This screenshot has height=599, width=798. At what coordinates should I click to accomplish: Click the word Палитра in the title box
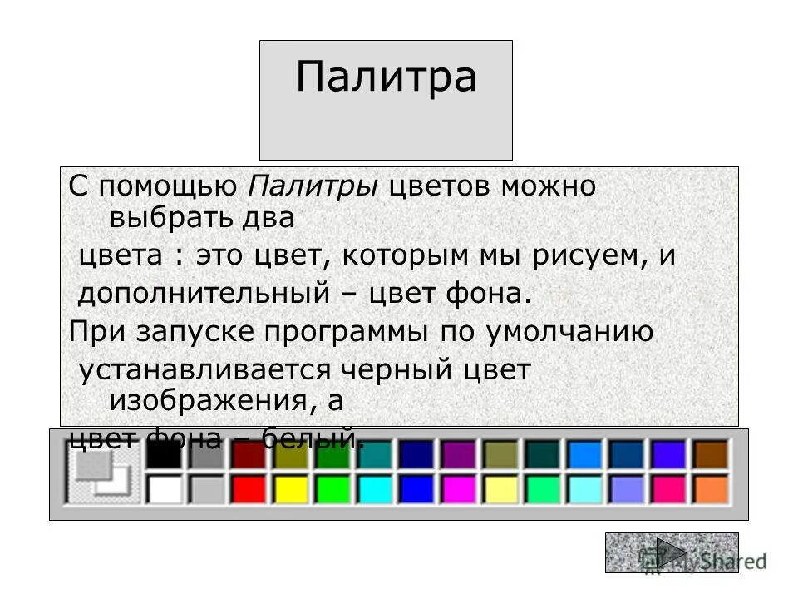pyautogui.click(x=386, y=77)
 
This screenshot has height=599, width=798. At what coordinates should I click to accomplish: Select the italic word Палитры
pyautogui.click(x=313, y=186)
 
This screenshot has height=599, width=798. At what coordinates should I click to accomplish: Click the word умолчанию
pyautogui.click(x=566, y=332)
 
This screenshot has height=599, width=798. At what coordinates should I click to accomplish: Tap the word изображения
pyautogui.click(x=204, y=401)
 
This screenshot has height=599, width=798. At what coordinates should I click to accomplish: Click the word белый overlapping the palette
pyautogui.click(x=313, y=438)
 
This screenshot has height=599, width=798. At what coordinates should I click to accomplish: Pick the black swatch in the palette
pyautogui.click(x=164, y=454)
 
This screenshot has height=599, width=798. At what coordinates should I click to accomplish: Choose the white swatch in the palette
pyautogui.click(x=164, y=488)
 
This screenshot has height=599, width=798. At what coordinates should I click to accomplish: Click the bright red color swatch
pyautogui.click(x=248, y=488)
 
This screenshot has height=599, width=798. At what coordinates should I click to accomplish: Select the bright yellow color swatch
pyautogui.click(x=290, y=488)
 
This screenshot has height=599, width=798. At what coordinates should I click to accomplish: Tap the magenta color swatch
pyautogui.click(x=459, y=488)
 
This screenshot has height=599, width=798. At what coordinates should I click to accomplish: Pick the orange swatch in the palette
pyautogui.click(x=711, y=488)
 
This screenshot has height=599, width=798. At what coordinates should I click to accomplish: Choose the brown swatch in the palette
pyautogui.click(x=711, y=454)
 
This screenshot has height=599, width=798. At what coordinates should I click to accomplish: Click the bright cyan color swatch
pyautogui.click(x=375, y=488)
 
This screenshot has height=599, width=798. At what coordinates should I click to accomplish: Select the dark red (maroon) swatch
pyautogui.click(x=248, y=454)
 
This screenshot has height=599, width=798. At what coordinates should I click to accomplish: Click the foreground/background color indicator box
pyautogui.click(x=98, y=473)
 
